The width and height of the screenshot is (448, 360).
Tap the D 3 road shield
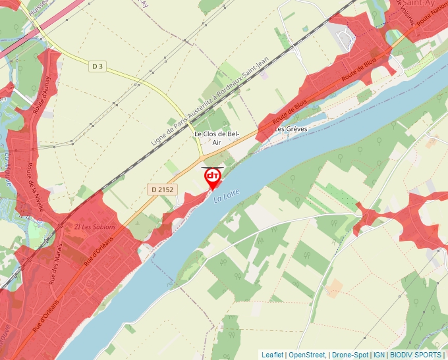point(98,66)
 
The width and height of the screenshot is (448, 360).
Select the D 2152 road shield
point(161,190)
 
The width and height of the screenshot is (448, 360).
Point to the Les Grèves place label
point(291,129)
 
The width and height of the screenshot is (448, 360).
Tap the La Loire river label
point(225,195)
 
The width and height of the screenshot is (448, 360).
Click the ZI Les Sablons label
point(96,227)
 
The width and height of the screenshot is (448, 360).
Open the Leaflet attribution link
point(272,355)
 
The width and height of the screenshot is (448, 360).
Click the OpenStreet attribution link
point(307,355)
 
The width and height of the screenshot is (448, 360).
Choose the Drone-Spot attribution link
point(350,355)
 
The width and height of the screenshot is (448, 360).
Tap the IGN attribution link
point(379,355)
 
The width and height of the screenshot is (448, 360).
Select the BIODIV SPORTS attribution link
point(416,355)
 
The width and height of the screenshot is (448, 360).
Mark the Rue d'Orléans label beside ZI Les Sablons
point(98,251)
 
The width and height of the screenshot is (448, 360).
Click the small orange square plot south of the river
point(334,287)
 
